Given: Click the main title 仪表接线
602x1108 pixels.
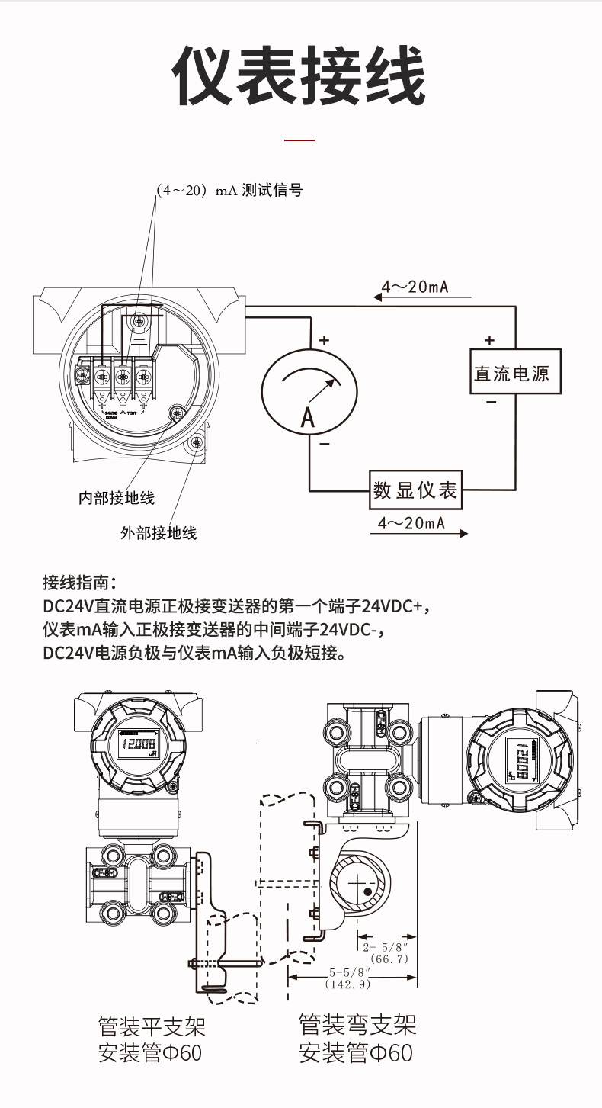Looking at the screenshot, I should (x=299, y=77).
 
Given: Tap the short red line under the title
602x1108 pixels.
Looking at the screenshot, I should (x=299, y=140).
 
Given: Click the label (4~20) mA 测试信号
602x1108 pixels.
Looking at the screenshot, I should (x=229, y=191).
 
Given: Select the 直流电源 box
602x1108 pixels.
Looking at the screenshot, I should (x=514, y=371).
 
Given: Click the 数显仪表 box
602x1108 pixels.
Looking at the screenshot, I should (x=416, y=490).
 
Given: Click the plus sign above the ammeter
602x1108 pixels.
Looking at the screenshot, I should (x=324, y=341).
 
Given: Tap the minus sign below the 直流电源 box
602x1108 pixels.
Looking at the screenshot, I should (x=491, y=403).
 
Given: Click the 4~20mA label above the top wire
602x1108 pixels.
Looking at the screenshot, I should (x=415, y=287).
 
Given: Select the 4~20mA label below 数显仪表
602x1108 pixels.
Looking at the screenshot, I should (x=411, y=523).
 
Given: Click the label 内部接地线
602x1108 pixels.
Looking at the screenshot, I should (x=117, y=498).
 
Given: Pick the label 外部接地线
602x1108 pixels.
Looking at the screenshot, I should (x=159, y=533).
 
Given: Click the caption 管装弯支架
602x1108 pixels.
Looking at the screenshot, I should (x=357, y=1024).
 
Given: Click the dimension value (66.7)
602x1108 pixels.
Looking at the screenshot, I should (x=389, y=959).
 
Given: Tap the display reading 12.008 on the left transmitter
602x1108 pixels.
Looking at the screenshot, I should (x=138, y=745).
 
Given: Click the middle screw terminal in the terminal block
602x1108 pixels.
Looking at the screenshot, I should (x=122, y=377).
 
